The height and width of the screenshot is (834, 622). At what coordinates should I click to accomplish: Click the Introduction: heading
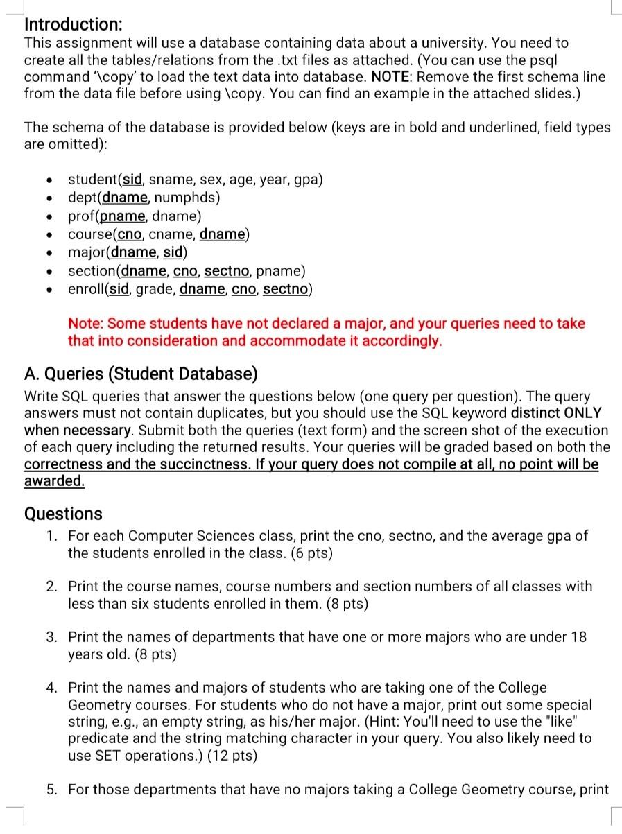74,24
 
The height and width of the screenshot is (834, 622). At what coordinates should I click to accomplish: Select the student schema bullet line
195,180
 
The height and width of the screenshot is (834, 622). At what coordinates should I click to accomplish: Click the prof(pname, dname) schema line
135,216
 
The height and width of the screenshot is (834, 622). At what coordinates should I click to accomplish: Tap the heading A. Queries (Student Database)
141,375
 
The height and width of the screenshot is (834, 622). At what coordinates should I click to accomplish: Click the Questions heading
63,514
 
